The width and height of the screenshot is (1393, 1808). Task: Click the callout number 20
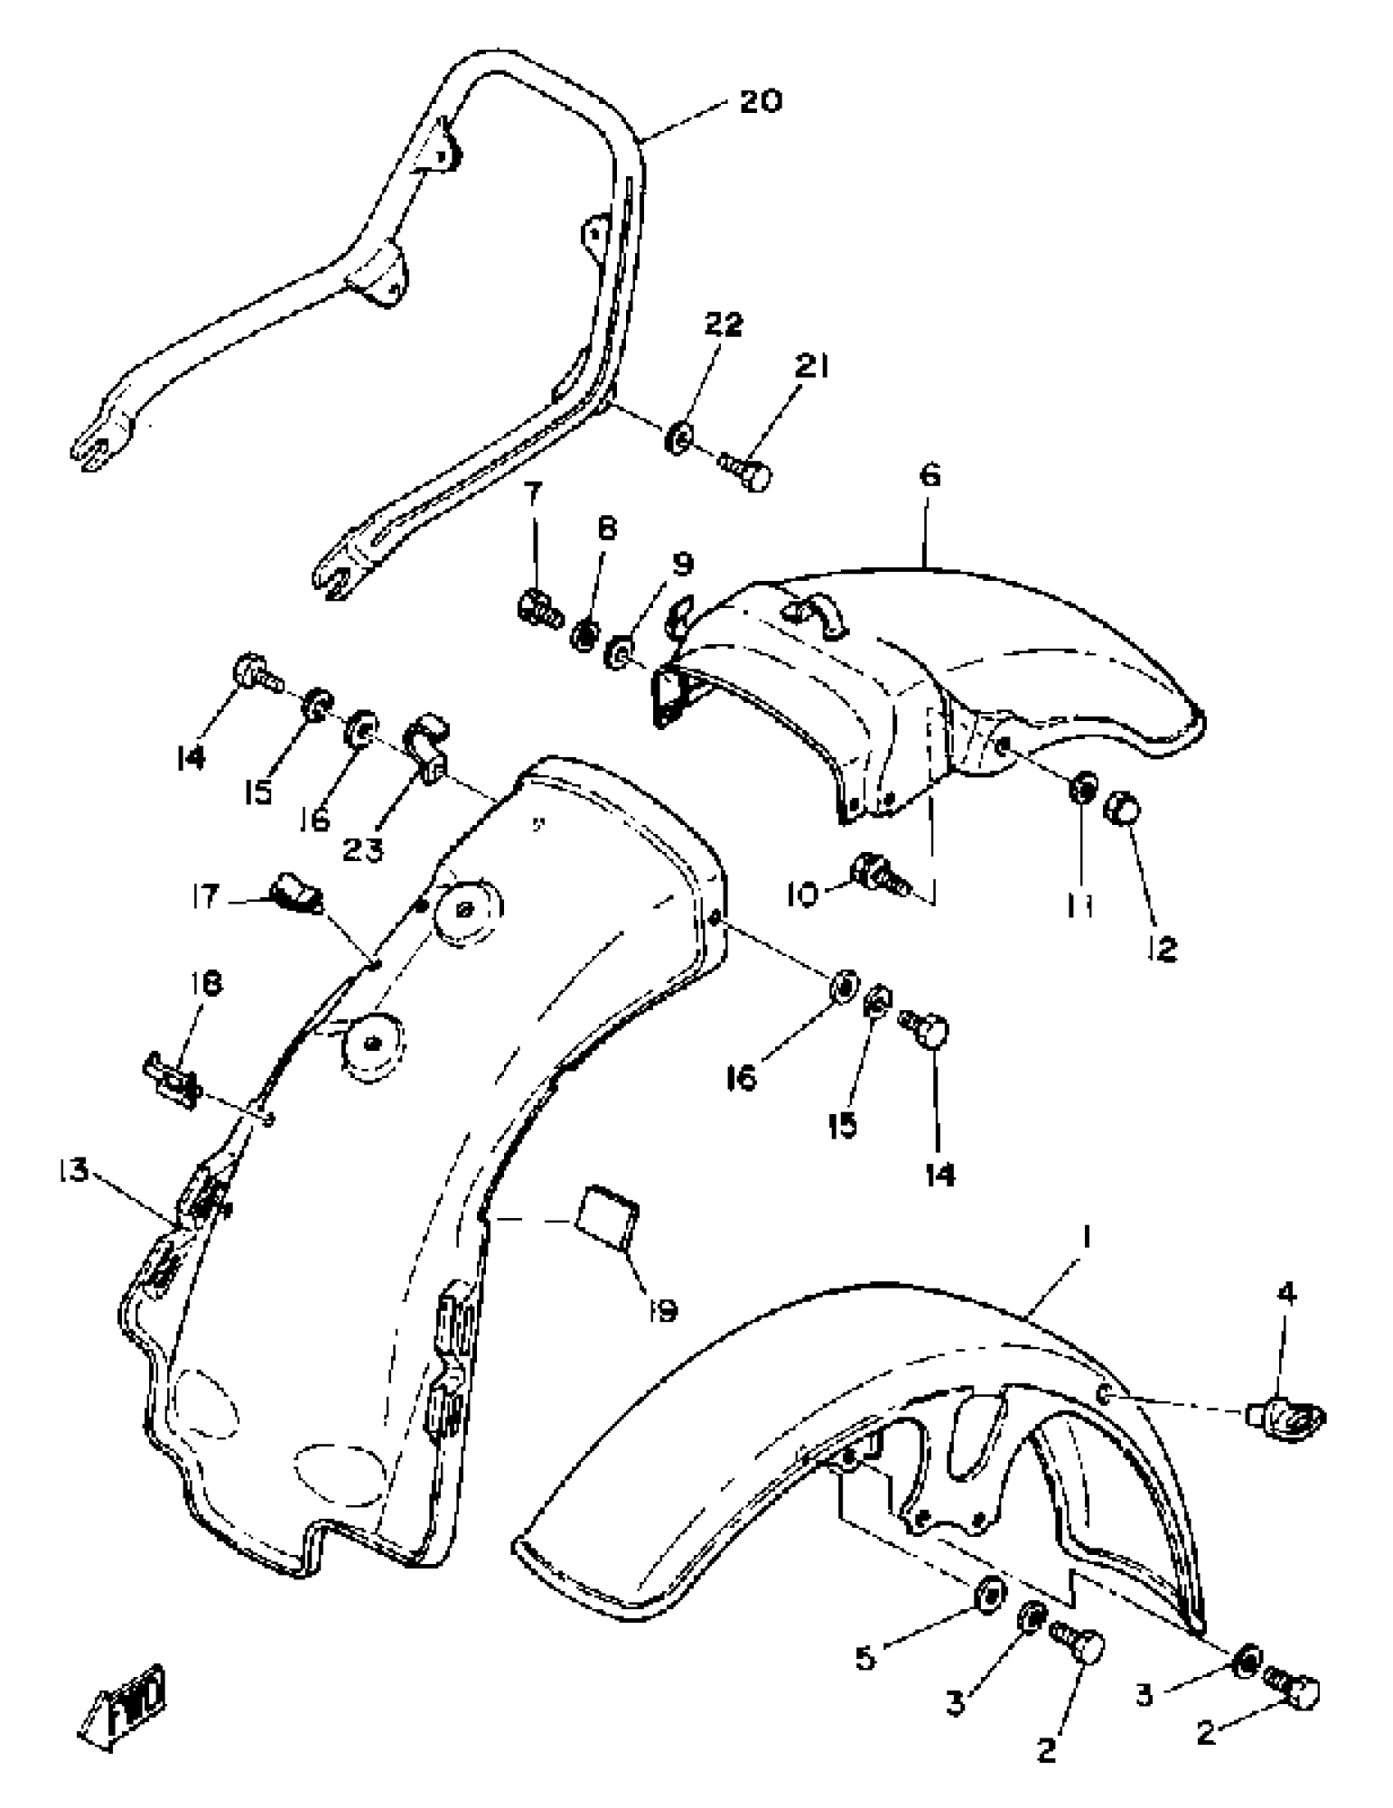[760, 102]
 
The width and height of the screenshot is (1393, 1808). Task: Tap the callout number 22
[724, 325]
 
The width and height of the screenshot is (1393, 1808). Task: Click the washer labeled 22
[678, 437]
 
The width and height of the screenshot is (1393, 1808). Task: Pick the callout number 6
[930, 477]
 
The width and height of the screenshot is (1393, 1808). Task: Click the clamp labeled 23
[426, 748]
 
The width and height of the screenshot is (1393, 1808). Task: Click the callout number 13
[73, 1171]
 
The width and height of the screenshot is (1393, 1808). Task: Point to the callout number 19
[664, 1309]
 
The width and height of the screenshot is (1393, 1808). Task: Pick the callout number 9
[681, 565]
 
